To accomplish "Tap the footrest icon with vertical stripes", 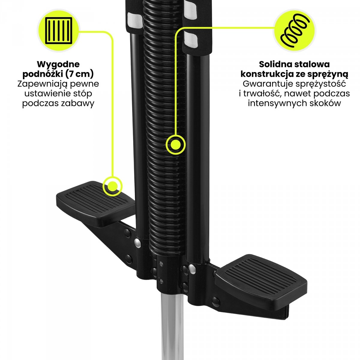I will tap(58, 31).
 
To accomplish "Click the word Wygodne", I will tap(58, 64).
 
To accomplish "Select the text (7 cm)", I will tap(79, 74).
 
